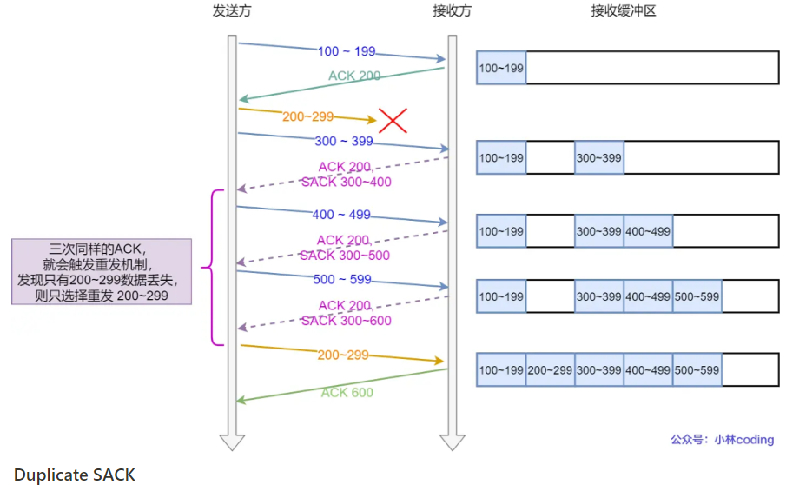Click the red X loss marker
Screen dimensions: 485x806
393,120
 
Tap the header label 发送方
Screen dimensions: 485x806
232,11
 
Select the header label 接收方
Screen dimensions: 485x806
452,11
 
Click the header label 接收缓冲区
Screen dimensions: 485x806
624,11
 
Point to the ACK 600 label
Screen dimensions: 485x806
347,393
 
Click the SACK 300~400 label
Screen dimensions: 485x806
346,183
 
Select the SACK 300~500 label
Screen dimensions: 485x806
345,256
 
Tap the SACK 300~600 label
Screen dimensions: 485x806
346,321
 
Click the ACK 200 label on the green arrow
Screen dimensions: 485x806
354,76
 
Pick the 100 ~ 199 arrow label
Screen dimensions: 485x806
347,52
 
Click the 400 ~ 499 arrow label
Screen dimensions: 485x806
340,215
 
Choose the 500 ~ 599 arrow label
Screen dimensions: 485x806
341,280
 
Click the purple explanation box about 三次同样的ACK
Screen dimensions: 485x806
101,272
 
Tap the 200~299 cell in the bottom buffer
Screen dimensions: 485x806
550,370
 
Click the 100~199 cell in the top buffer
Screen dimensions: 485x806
501,68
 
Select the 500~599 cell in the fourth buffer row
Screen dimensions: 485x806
697,297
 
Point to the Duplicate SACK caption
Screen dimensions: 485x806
75,475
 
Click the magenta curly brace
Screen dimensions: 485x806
208,267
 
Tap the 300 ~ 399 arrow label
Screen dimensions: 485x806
342,141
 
